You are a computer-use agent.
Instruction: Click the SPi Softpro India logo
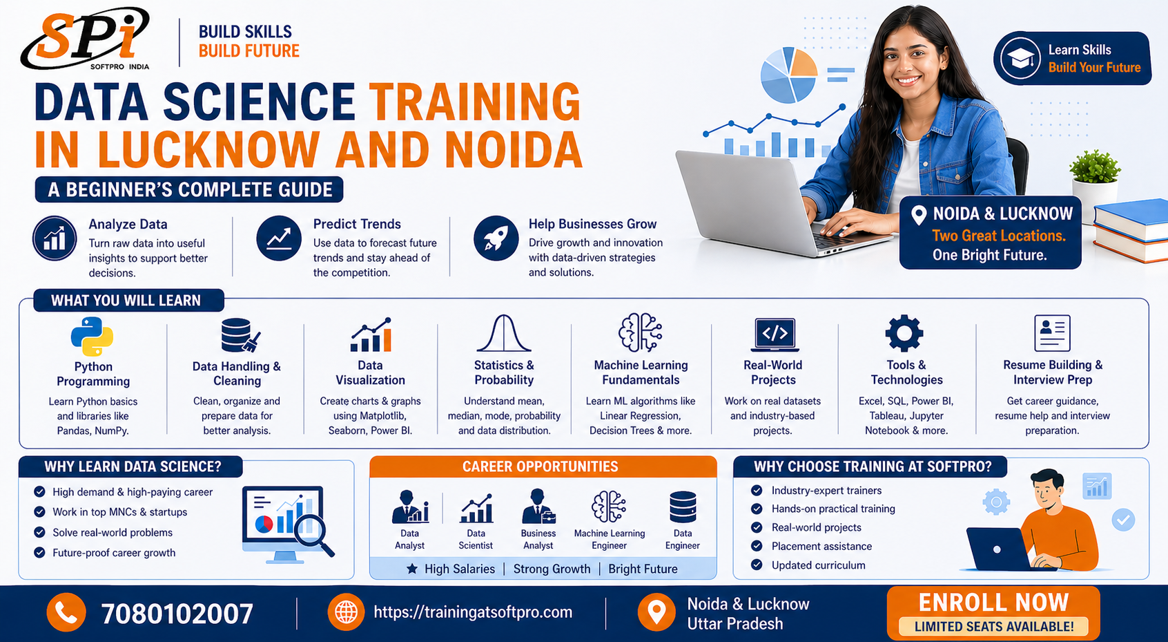coord(85,39)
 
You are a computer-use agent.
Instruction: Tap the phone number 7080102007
coord(177,613)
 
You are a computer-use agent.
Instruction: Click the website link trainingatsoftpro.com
coord(473,612)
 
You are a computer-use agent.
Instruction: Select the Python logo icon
coord(93,337)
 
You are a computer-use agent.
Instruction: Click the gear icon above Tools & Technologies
coord(904,333)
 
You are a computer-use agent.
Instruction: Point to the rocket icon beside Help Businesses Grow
coord(496,238)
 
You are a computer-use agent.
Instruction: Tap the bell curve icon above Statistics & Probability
coord(504,333)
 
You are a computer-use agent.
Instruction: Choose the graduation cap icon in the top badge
coord(1020,59)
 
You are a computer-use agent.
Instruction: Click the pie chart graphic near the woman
coord(789,75)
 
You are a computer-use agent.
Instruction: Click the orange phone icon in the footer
coord(66,613)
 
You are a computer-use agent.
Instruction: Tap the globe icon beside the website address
coord(347,612)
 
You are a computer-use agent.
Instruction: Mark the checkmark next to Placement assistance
coord(757,546)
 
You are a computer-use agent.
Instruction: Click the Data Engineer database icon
coord(683,507)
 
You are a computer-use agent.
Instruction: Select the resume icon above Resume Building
coord(1052,333)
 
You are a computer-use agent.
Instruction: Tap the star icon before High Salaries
coord(412,569)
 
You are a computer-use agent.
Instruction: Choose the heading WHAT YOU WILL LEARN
coord(126,301)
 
